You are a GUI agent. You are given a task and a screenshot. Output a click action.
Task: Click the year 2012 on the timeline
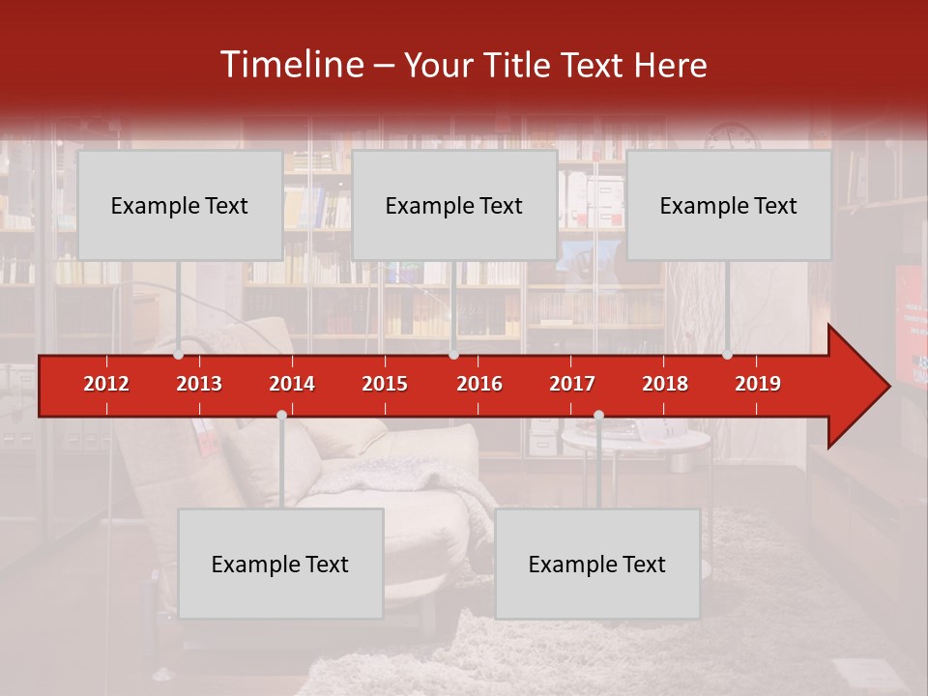click(x=106, y=384)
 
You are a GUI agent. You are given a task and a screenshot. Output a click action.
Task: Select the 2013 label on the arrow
click(x=199, y=384)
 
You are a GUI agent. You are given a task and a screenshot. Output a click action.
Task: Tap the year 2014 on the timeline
click(x=292, y=384)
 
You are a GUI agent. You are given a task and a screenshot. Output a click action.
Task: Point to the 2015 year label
click(x=385, y=384)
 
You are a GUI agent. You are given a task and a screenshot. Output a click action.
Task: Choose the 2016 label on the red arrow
click(x=479, y=384)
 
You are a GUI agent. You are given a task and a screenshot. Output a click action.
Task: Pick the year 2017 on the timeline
click(x=572, y=384)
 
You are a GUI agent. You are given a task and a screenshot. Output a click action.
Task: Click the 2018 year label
click(x=665, y=384)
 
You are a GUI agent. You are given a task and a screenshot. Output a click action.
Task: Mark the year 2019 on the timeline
click(x=758, y=384)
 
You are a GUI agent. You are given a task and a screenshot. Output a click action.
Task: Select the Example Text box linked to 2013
click(x=180, y=205)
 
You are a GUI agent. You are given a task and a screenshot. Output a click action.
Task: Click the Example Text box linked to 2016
click(x=454, y=205)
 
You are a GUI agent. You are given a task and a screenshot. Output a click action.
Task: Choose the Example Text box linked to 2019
click(x=729, y=205)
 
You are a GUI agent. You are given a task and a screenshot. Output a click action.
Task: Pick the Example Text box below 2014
click(x=280, y=564)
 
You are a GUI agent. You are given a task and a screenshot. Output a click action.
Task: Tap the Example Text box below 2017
click(x=597, y=564)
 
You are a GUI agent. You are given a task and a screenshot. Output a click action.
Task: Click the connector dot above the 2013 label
click(x=179, y=355)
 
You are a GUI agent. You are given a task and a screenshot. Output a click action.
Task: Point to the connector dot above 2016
click(x=453, y=355)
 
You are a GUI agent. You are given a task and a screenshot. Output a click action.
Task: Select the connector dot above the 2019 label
click(x=728, y=355)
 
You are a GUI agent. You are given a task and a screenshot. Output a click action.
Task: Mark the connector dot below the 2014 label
click(x=281, y=415)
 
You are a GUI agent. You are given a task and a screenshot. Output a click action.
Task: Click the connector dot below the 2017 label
click(x=598, y=415)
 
